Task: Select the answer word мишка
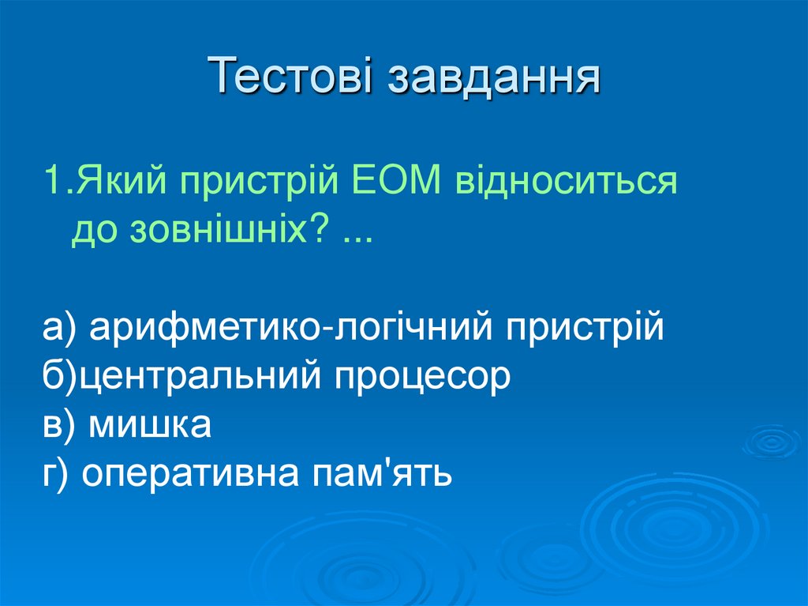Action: pos(149,426)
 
